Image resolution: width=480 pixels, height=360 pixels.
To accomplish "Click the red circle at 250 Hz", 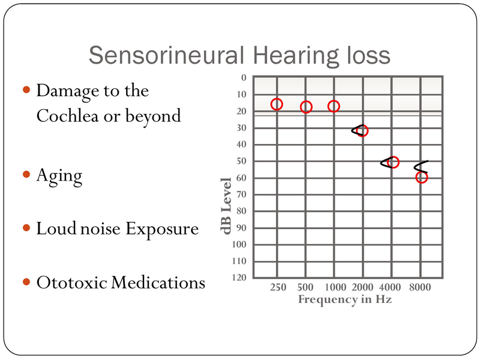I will pos(277,104).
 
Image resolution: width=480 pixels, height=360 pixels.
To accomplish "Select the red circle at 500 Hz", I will pos(306,107).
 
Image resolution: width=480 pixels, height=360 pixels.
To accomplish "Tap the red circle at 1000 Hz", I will pos(334,106).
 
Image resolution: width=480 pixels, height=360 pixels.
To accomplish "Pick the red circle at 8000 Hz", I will pos(421,177).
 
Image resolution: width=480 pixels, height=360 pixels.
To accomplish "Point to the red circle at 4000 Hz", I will pos(393,162).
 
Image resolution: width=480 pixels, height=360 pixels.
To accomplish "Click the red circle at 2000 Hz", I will pos(362,131).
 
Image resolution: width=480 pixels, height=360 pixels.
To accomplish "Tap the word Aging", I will pos(59,175).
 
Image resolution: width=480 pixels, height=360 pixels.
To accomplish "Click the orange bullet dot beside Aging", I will pos(26,175).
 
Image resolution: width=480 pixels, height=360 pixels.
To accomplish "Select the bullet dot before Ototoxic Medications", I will pos(26,281).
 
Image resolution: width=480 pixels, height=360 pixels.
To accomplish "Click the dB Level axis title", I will pos(227,205).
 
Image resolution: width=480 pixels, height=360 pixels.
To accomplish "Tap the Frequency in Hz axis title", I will pos(345,299).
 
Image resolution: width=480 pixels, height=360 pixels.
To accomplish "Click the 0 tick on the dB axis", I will pos(243,77).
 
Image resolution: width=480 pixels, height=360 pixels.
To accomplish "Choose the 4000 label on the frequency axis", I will pos(391,287).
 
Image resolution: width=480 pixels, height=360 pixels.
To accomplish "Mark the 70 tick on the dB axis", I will pos(241,194).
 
